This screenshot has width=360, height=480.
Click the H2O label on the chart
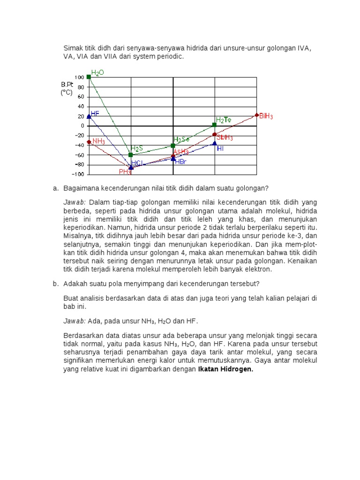tap(97, 73)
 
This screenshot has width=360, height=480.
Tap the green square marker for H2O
tap(89, 77)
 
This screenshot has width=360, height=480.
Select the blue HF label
tap(95, 113)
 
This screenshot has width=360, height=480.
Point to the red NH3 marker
tap(89, 142)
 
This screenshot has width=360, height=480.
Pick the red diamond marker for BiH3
tap(256, 115)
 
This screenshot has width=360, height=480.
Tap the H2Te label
tap(224, 120)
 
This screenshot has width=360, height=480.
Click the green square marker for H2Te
tap(214, 125)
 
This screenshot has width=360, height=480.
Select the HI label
tap(220, 148)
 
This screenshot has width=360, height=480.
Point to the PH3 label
tap(125, 172)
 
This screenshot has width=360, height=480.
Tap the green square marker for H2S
tap(131, 155)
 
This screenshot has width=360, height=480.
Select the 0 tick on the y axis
tap(82, 126)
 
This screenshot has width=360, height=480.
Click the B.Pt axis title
tap(67, 84)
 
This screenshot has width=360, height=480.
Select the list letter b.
tap(55, 284)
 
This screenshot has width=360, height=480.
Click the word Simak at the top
tap(73, 48)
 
